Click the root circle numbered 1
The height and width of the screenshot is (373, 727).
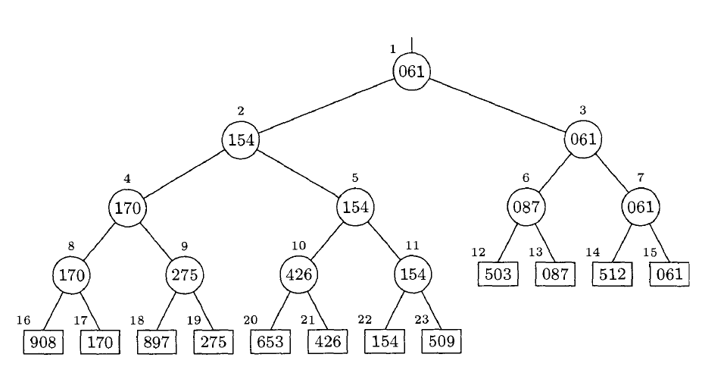tap(412, 72)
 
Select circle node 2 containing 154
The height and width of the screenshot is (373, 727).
tap(241, 140)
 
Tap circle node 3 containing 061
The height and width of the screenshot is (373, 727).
tap(583, 139)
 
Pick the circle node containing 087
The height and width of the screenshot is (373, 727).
tap(526, 207)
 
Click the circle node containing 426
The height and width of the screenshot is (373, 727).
tap(299, 274)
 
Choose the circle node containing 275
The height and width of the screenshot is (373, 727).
tap(185, 274)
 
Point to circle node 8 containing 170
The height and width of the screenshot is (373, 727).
tap(71, 274)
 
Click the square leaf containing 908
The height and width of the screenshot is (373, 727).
tap(42, 343)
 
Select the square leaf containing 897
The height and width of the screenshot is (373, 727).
tap(156, 343)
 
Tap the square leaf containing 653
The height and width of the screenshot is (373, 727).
tap(270, 343)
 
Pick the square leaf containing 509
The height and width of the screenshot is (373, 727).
tap(441, 343)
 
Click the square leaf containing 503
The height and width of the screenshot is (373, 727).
tap(498, 274)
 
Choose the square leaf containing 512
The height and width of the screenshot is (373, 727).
tap(612, 274)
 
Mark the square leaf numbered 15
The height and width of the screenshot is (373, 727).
tap(669, 274)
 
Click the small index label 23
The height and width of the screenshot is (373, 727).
tap(422, 320)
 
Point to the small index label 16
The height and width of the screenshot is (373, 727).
tap(23, 320)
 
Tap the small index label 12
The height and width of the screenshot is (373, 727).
tap(478, 252)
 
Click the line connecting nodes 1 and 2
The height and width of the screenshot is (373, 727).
tap(326, 105)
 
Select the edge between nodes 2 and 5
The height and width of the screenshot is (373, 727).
tap(298, 174)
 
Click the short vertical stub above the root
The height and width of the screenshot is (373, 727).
tap(412, 45)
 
